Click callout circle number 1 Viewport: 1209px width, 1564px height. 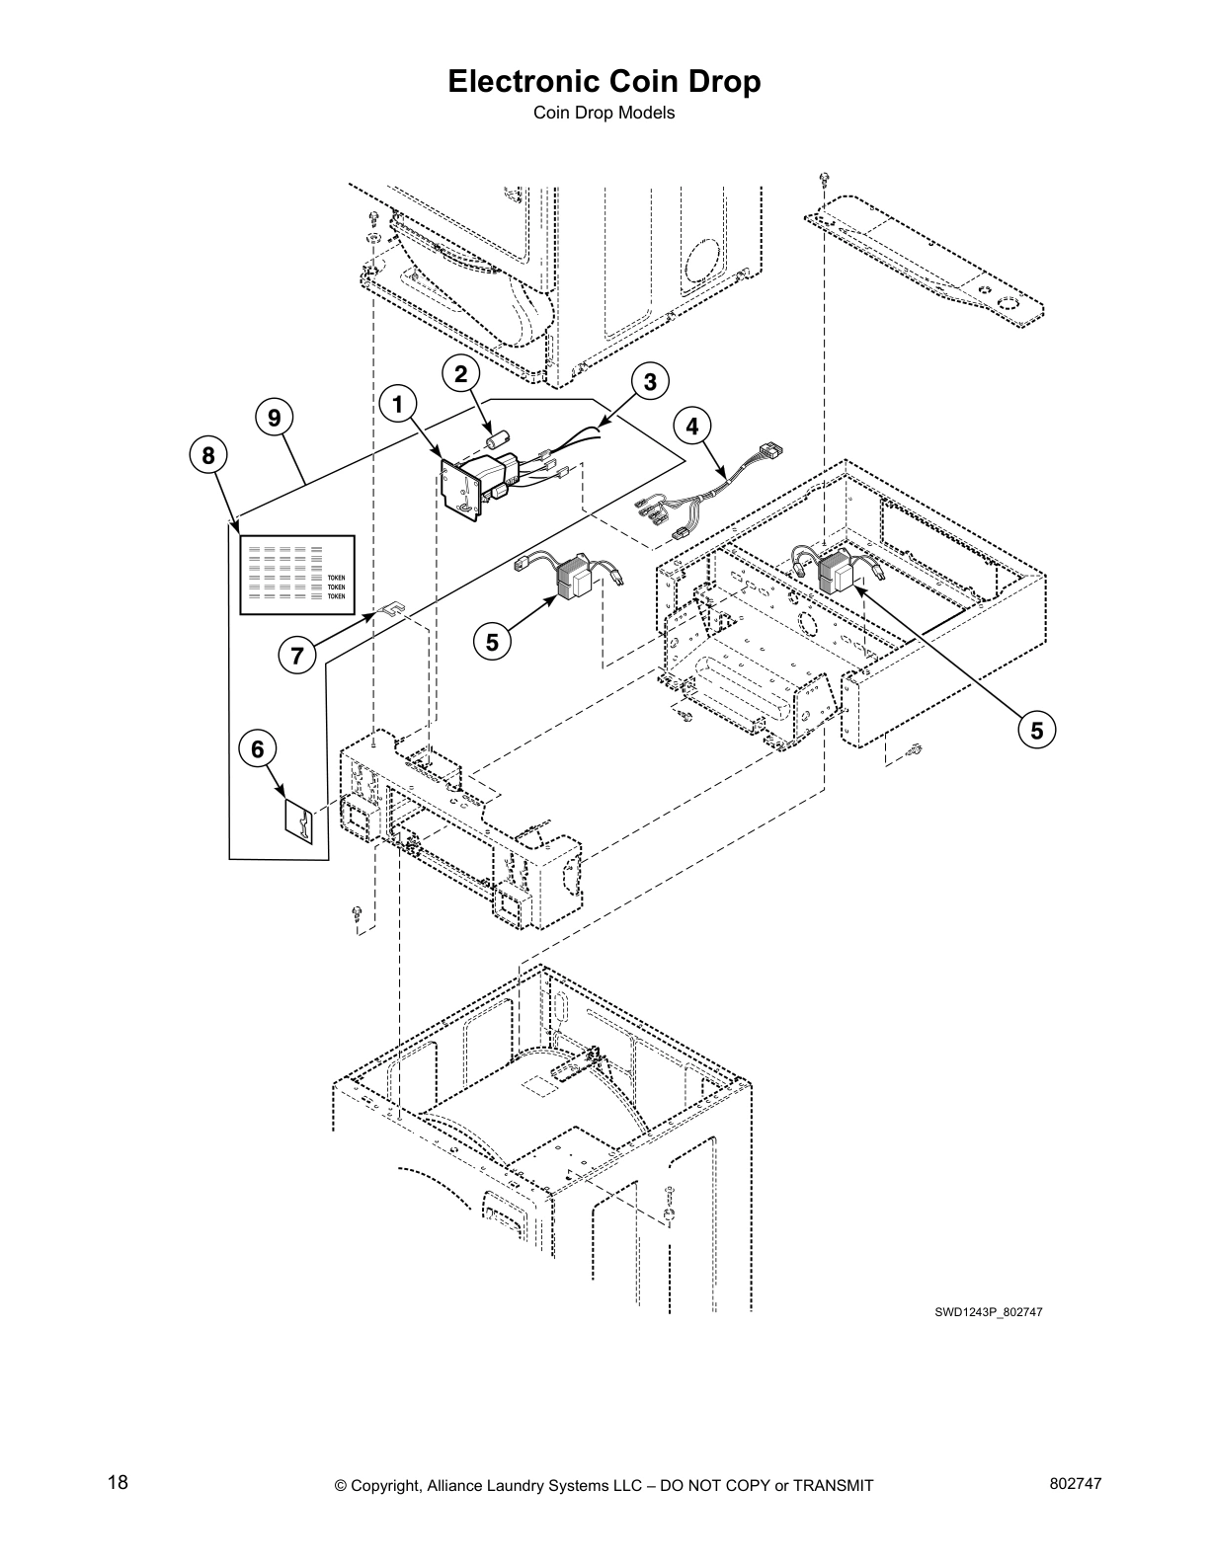(398, 405)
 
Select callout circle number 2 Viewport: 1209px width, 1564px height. (460, 374)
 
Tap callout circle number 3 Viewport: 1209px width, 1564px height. (650, 381)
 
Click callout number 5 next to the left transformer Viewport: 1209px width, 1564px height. (491, 642)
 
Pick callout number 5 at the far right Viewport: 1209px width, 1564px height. (1037, 731)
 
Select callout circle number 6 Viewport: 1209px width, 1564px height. (257, 749)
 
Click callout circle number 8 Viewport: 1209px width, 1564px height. (207, 456)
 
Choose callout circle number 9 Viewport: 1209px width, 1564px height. (275, 419)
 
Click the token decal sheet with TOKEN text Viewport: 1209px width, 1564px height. (296, 575)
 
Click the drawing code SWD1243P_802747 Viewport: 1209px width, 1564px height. (989, 1312)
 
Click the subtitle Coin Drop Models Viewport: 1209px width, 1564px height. (604, 113)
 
